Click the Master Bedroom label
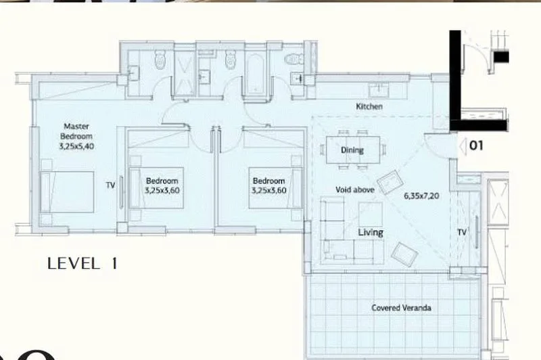coord(76,131)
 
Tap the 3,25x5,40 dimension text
coord(76,146)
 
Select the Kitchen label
coord(369,106)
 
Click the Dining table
coord(353,150)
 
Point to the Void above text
coord(355,189)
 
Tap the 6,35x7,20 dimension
coord(421,196)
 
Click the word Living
coord(371,232)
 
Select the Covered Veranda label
coord(401,307)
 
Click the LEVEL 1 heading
coord(82,264)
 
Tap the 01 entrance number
coord(476,145)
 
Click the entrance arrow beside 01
coord(463,145)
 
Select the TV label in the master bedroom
coord(110,185)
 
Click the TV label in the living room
coord(462,232)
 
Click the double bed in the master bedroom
coord(67,192)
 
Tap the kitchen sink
coord(379,91)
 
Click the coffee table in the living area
coord(370,215)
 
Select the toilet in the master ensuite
coord(160,60)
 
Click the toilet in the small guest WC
coord(294,59)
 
